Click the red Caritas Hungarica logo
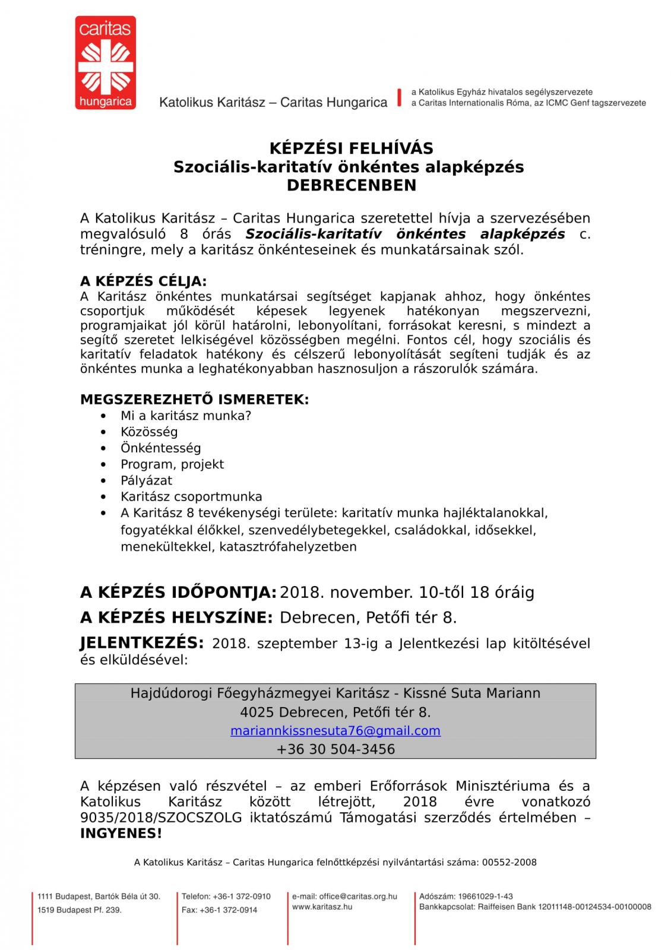point(105,63)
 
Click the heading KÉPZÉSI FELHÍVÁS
point(352,148)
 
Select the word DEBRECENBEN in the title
point(352,185)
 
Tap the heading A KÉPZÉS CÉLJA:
point(144,281)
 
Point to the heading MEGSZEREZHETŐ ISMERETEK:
point(194,400)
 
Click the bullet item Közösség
point(149,432)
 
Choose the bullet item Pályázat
point(146,480)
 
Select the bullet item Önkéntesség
point(160,448)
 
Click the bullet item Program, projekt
point(172,464)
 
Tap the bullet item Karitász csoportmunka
point(191,496)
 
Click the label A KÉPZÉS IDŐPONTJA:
point(178,593)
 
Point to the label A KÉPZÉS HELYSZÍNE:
point(176,617)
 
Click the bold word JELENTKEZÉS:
point(142,642)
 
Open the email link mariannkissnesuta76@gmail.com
point(335,731)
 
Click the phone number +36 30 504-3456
point(335,749)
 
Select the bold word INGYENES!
point(121,834)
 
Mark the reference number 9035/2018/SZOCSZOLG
point(161,818)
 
